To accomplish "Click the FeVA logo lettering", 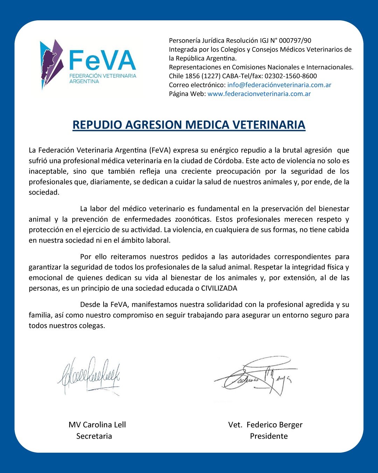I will [102, 60].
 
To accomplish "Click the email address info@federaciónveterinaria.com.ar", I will [279, 85].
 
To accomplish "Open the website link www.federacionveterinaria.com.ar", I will [259, 94].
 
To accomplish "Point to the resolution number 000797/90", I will [295, 40].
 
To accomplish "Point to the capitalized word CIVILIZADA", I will [219, 288].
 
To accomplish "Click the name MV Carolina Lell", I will [97, 425].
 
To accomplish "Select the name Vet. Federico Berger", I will [265, 425].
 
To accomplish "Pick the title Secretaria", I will [94, 436].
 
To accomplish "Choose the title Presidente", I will [269, 436].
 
